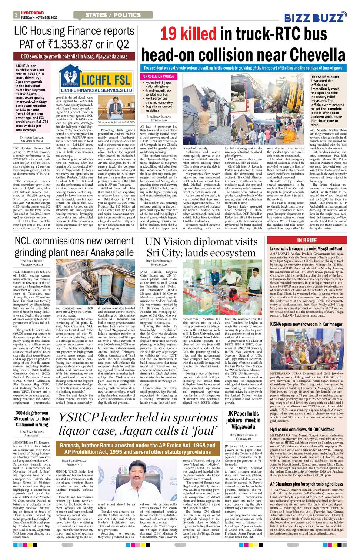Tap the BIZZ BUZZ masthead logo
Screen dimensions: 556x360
point(315,17)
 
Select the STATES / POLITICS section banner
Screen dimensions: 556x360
point(113,15)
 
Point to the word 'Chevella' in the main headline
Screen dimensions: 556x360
point(318,55)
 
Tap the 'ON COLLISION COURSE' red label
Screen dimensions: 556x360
point(159,76)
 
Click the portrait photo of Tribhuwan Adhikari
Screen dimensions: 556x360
point(116,106)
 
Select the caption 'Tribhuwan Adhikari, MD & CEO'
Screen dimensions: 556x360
point(116,122)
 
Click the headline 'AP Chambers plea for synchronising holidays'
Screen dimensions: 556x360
point(307,484)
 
